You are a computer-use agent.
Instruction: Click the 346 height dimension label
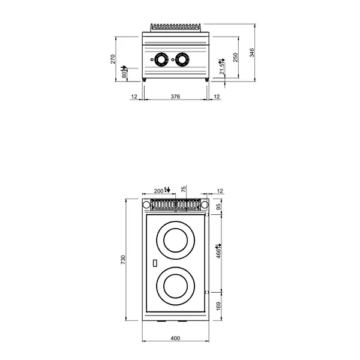click(x=253, y=52)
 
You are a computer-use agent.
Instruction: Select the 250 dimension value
click(x=236, y=56)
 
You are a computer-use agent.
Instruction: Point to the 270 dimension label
click(x=113, y=58)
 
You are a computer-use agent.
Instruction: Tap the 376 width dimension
click(x=176, y=97)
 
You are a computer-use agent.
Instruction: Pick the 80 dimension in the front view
click(x=124, y=74)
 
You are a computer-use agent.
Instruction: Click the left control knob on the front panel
click(x=161, y=59)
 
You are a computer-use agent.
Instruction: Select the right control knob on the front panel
click(x=180, y=59)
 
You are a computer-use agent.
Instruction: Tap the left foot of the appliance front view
click(x=145, y=80)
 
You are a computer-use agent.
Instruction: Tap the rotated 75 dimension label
click(x=184, y=188)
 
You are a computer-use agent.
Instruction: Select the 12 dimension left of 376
click(x=134, y=97)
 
